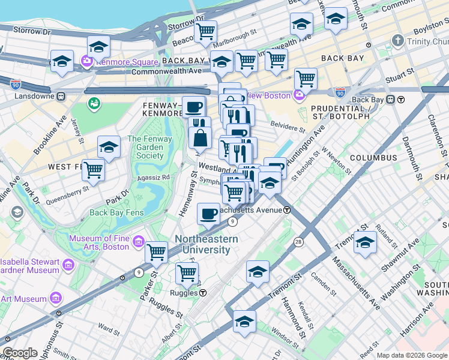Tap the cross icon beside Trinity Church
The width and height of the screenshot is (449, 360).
click(396, 41)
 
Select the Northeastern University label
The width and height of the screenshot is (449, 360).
click(206, 244)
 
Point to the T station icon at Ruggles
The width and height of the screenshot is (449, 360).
click(203, 293)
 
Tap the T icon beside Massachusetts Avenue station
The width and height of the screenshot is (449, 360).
click(288, 210)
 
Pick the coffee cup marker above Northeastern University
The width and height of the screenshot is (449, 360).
click(208, 213)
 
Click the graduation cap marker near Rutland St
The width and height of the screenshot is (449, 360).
click(364, 242)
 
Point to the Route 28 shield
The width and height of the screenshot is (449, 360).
click(298, 241)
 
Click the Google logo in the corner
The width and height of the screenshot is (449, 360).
click(20, 353)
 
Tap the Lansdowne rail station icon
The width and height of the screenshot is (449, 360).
click(61, 96)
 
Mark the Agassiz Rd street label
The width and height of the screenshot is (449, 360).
click(154, 178)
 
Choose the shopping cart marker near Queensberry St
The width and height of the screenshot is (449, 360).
click(93, 170)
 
